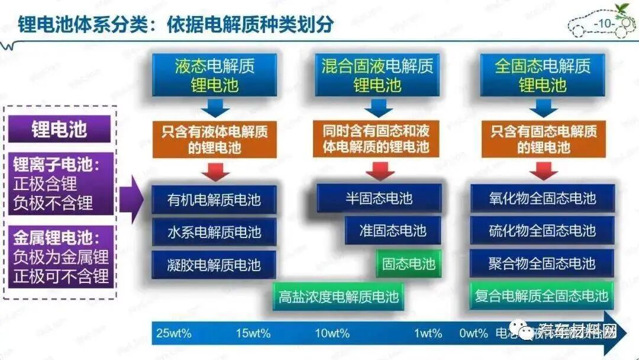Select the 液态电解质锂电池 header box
tap(214, 75)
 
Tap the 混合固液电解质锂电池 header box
tap(377, 75)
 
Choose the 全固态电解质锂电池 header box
tap(543, 75)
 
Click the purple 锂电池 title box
tap(59, 129)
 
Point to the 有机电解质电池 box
tap(214, 198)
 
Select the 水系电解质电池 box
tap(214, 231)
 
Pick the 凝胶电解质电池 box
tap(214, 264)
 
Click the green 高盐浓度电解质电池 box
tap(338, 296)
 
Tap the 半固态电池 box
tap(379, 198)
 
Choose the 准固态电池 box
tap(393, 230)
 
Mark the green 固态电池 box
tap(408, 263)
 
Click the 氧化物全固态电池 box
tap(542, 198)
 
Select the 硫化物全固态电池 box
tap(542, 230)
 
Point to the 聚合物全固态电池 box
tap(542, 263)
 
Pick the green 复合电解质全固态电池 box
tap(542, 296)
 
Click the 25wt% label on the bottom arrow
tap(174, 333)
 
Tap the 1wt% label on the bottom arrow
tap(428, 333)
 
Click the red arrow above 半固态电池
tap(379, 171)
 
